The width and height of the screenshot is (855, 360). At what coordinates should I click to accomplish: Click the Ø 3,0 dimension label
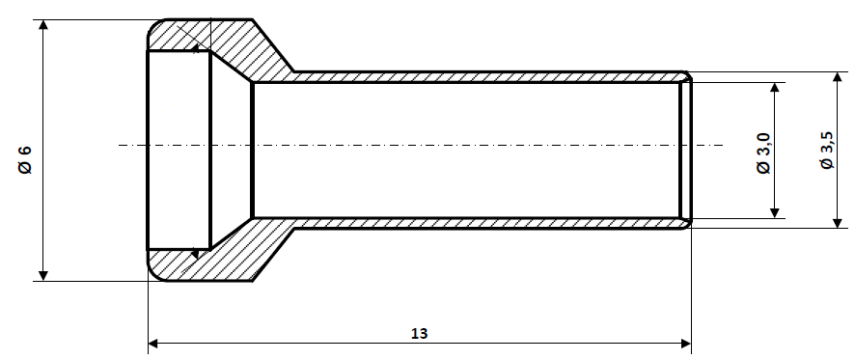(x=763, y=153)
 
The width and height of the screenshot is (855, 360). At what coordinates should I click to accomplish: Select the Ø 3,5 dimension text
(x=827, y=152)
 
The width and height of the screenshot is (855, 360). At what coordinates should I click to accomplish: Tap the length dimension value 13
(x=419, y=333)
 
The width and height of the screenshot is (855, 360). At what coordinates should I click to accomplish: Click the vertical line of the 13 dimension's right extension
(x=692, y=290)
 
